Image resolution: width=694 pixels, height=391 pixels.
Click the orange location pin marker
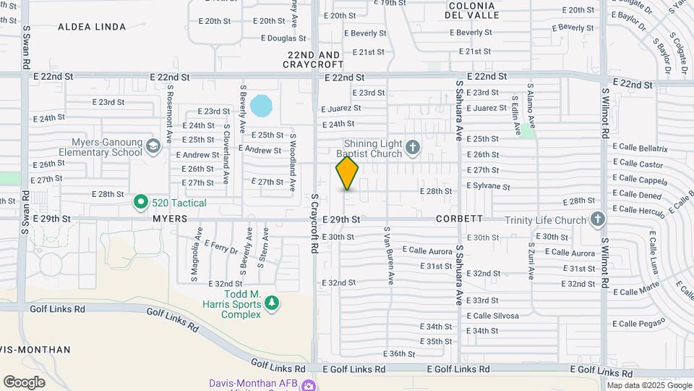tap(347, 173)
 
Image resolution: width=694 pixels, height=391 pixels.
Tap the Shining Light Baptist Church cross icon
tap(413, 148)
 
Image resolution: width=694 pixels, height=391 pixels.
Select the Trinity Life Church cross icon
tap(597, 219)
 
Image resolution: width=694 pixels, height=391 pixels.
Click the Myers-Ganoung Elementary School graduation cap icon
tap(153, 147)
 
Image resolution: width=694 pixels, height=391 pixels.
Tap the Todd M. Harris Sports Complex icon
tap(272, 302)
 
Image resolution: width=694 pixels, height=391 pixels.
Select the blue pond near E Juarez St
tap(261, 106)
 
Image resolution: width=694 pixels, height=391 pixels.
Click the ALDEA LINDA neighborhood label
tap(93, 27)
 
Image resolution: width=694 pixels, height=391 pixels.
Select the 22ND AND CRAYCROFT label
tap(314, 59)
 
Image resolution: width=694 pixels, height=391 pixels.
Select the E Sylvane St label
tap(488, 186)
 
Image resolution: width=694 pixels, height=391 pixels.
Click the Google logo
tap(24, 382)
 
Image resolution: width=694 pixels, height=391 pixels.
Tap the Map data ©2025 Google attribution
tap(648, 385)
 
